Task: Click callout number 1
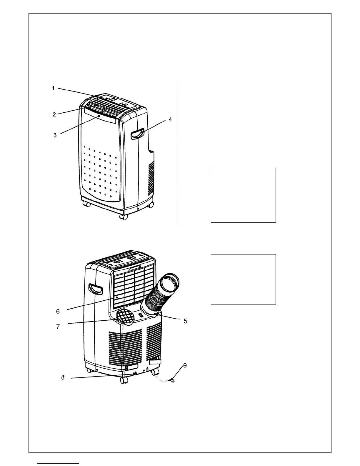[x=53, y=88]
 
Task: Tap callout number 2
[x=54, y=114]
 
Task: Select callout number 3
[x=55, y=135]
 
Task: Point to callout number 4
[x=170, y=119]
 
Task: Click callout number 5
[x=185, y=321]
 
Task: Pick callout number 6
[x=58, y=311]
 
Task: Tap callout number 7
[x=58, y=327]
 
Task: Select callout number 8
[x=63, y=377]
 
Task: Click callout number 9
[x=185, y=365]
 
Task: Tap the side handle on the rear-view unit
[x=96, y=289]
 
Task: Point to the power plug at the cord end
[x=173, y=382]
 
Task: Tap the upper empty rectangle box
[x=243, y=195]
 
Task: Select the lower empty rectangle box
[x=243, y=279]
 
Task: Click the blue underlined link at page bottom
[x=59, y=464]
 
